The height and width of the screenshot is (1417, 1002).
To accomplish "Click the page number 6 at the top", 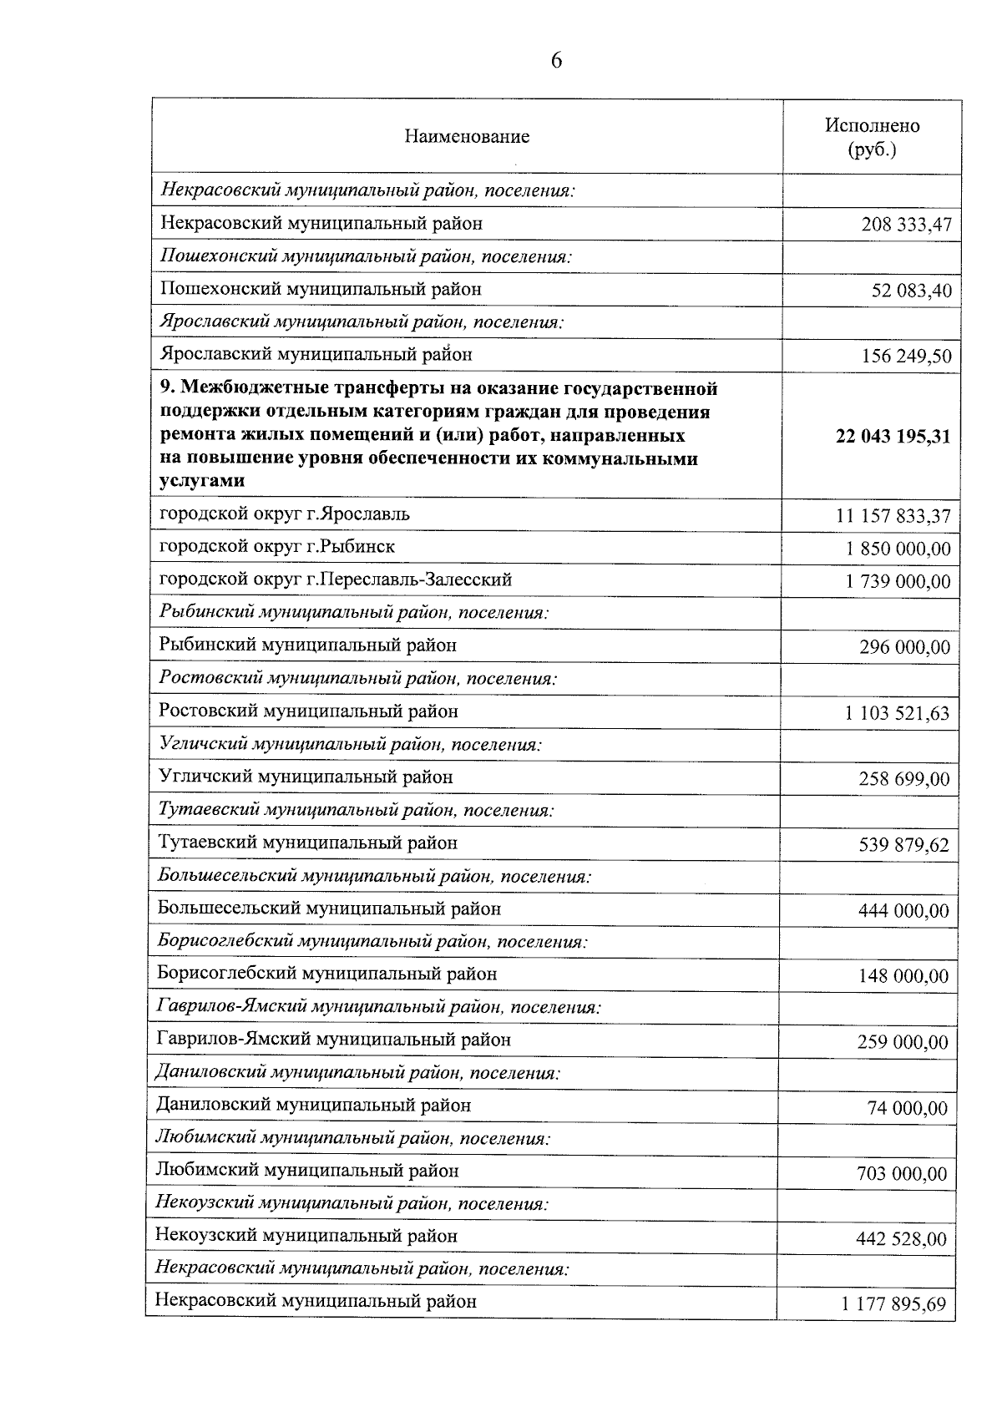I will point(556,61).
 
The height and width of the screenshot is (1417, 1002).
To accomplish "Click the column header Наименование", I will point(467,137).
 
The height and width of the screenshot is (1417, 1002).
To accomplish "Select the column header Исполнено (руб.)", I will point(872,138).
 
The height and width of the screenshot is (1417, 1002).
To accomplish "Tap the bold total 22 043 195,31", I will point(893,436).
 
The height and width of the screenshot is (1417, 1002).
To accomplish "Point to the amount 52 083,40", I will point(911,291).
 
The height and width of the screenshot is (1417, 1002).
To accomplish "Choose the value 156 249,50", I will point(906,357).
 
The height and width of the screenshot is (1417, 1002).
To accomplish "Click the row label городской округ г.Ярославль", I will point(285,514).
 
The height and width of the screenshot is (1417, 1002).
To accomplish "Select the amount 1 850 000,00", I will point(898,549).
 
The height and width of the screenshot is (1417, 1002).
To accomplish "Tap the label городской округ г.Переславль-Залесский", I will point(336,579).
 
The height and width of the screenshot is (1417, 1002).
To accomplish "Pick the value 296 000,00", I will point(904,647).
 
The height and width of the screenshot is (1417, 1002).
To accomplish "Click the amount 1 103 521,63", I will point(897,713).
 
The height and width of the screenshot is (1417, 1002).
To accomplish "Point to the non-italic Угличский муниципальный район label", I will point(306,777).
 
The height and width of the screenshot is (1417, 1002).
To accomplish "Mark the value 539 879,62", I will point(903,845).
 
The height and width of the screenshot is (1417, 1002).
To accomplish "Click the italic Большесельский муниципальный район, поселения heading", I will point(374,877).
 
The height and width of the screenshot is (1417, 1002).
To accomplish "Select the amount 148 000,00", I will point(903,976).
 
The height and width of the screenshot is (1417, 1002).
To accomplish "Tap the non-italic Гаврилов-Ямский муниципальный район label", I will point(333,1040).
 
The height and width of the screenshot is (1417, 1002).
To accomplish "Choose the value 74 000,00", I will point(908,1108).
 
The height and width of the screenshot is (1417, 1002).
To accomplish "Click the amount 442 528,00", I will point(901,1239).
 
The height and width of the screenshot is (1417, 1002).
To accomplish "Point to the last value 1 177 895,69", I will point(894,1304).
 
